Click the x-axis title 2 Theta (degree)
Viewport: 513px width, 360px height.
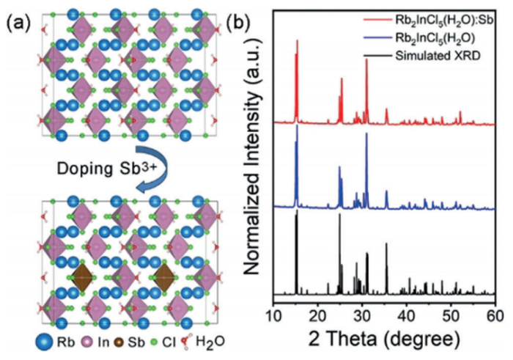click(385, 340)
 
